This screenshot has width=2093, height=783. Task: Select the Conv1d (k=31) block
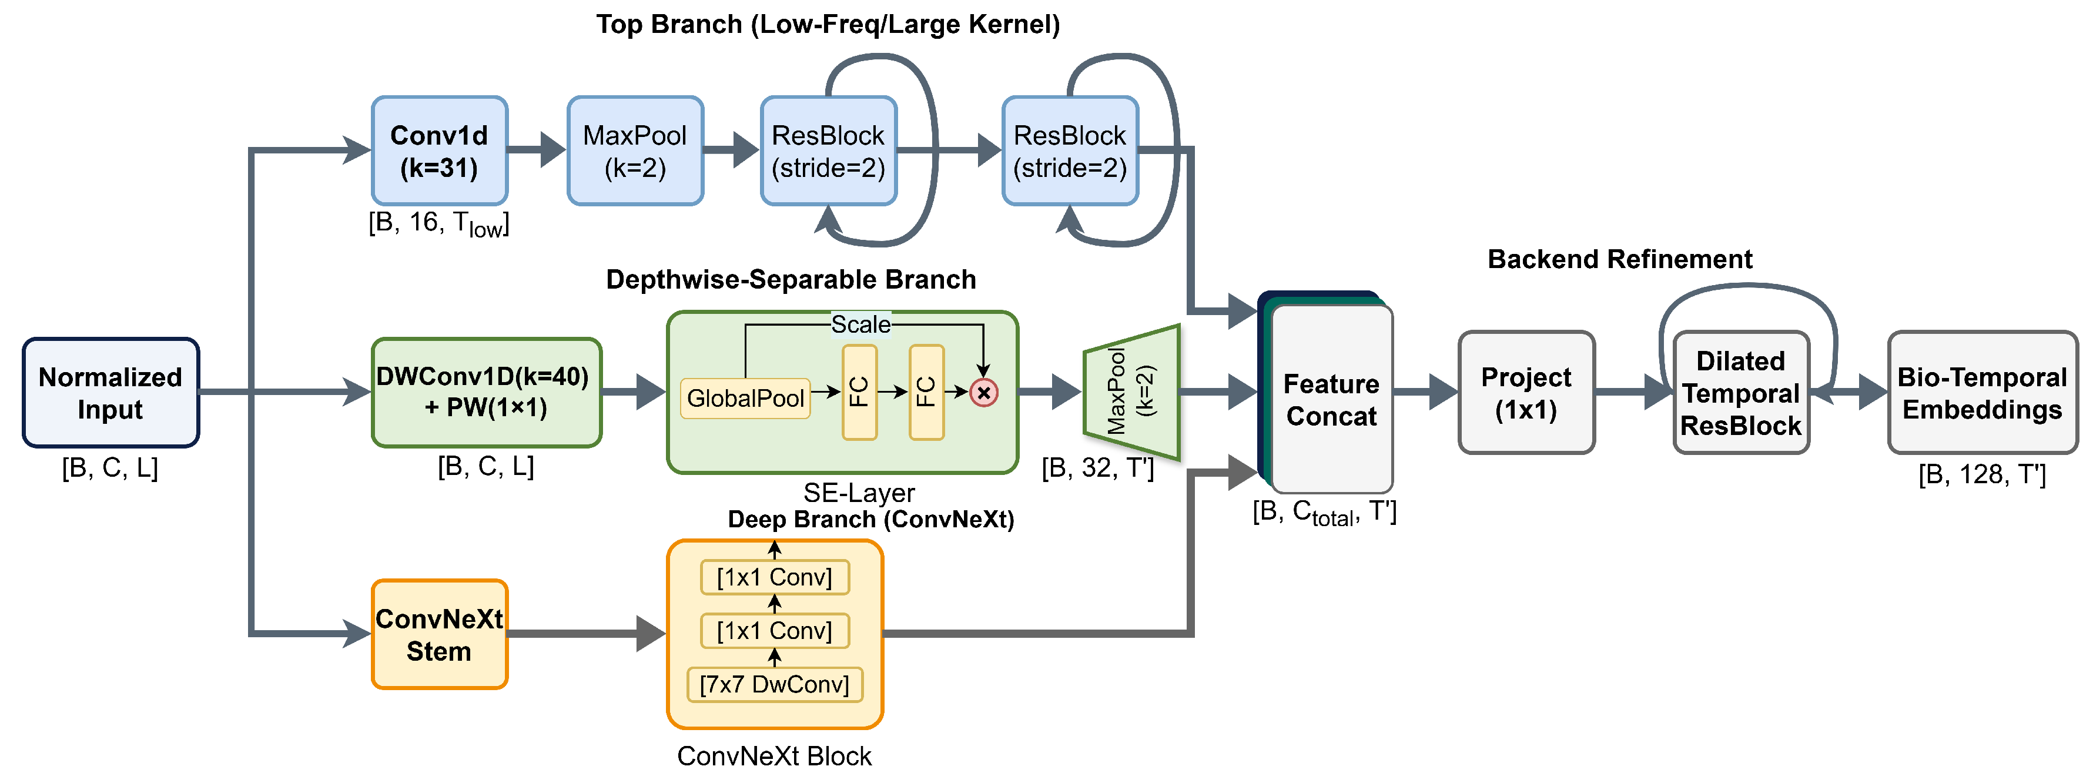click(x=440, y=151)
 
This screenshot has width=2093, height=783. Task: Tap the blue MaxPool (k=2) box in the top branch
click(x=635, y=151)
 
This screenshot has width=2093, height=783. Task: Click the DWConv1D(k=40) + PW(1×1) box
click(x=486, y=392)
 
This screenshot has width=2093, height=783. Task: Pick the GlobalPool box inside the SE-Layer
click(x=745, y=398)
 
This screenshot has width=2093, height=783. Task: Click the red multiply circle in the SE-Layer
click(x=983, y=393)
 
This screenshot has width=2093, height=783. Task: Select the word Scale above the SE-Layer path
click(x=860, y=325)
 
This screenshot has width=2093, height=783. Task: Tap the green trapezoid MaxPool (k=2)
click(x=1131, y=392)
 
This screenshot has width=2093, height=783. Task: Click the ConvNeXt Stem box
click(x=440, y=634)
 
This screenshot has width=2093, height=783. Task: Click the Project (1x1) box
click(x=1526, y=392)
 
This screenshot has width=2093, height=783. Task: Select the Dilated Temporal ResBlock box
click(x=1740, y=393)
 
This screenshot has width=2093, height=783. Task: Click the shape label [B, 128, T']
click(x=1982, y=474)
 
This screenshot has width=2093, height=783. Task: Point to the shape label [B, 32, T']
click(x=1098, y=469)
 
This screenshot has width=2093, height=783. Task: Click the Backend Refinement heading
click(x=1619, y=259)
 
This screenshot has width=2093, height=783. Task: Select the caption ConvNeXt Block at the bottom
click(x=773, y=756)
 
